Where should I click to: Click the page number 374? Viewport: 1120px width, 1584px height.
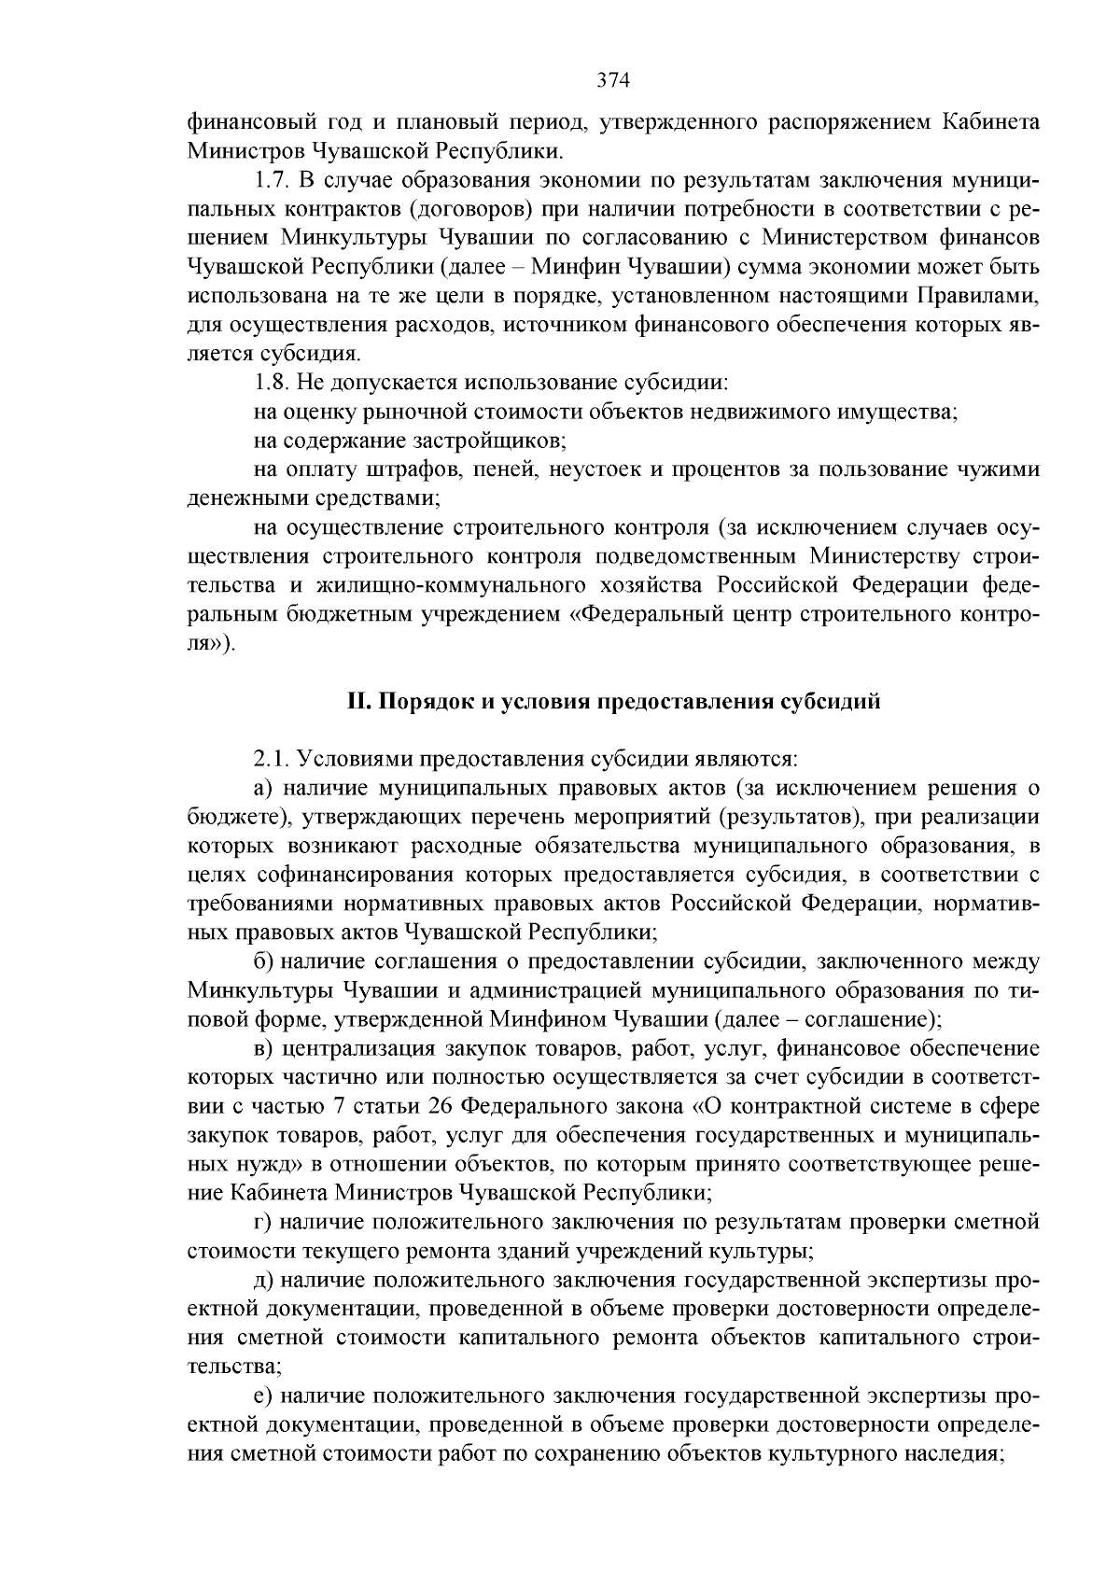[x=614, y=80]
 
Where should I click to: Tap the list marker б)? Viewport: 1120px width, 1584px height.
[x=263, y=961]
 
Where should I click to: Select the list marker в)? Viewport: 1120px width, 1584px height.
[x=263, y=1048]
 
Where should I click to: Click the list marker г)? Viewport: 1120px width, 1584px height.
[x=262, y=1222]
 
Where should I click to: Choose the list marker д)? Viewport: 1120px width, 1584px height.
[x=263, y=1280]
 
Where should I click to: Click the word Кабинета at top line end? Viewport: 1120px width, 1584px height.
[x=989, y=122]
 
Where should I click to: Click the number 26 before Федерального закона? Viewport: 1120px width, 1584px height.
[x=440, y=1106]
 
